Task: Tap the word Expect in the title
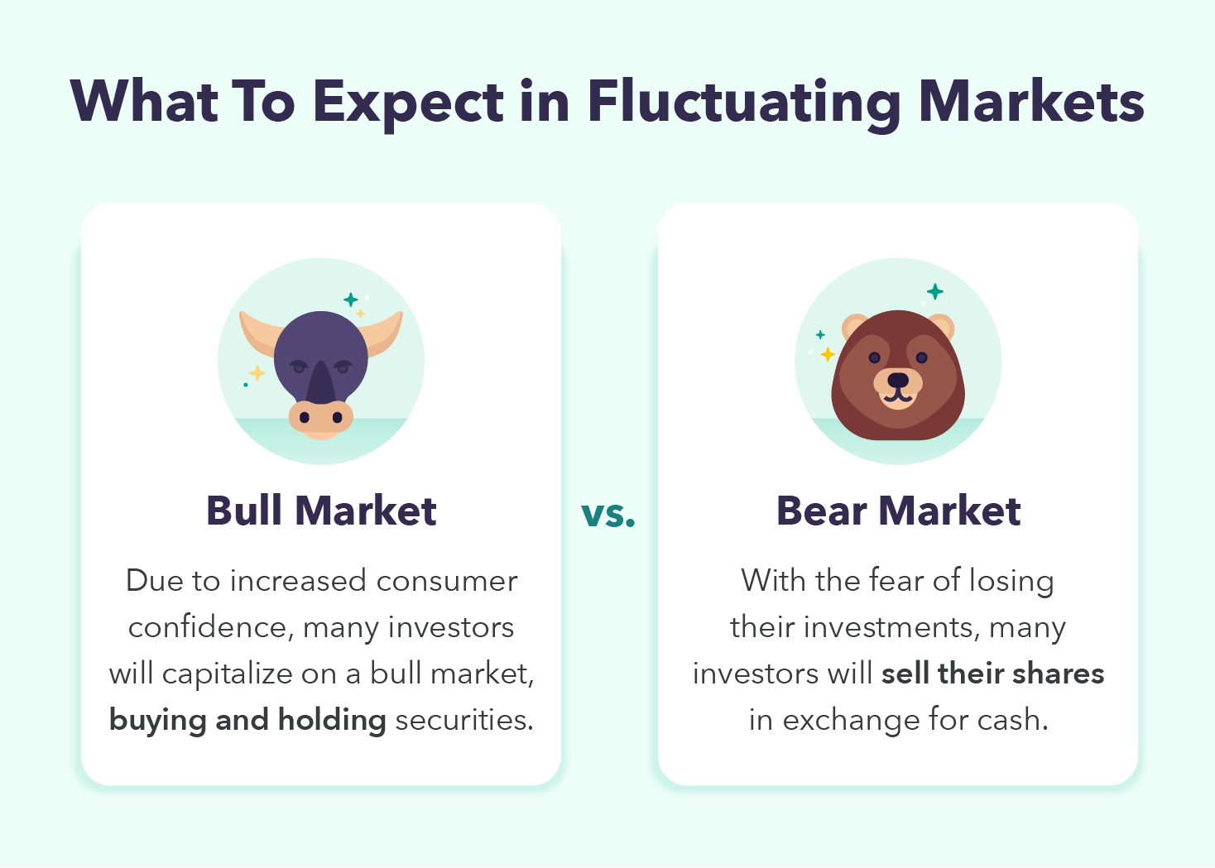[408, 103]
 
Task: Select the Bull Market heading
[321, 511]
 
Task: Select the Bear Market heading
[898, 511]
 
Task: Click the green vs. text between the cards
[608, 514]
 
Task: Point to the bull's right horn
[382, 333]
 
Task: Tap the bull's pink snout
[320, 419]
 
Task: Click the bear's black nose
[898, 380]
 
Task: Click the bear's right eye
[921, 357]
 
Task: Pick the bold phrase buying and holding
[247, 721]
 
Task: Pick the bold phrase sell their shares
[992, 674]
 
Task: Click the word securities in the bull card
[464, 721]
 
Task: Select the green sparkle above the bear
[934, 291]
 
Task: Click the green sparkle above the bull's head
[350, 300]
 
